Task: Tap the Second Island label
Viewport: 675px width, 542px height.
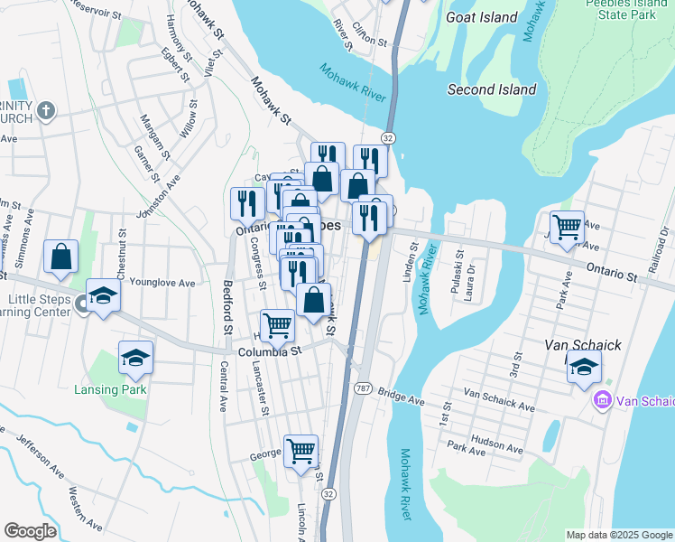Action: pos(492,89)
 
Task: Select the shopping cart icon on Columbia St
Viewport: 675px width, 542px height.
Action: pos(278,326)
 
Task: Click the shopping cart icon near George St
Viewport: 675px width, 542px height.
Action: pos(301,450)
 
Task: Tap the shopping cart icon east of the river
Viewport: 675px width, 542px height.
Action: pos(567,227)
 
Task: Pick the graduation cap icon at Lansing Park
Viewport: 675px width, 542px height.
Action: pos(135,358)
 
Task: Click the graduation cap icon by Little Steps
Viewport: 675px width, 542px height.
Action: pos(103,295)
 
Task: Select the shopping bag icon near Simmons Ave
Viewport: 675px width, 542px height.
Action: pos(60,256)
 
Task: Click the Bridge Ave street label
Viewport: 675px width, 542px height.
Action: pos(402,397)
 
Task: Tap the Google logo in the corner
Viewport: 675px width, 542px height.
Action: pos(30,531)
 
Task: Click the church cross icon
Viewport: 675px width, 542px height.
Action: pos(46,111)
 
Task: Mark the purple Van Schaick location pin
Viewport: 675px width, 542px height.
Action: pos(601,399)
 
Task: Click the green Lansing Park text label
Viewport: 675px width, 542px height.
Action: pos(116,389)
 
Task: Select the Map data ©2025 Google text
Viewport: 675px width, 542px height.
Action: pos(618,535)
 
